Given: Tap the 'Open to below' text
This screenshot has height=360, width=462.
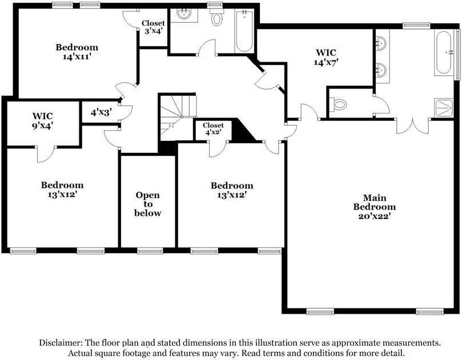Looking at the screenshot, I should click(x=148, y=204).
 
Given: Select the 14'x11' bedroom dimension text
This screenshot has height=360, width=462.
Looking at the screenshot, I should click(x=77, y=57).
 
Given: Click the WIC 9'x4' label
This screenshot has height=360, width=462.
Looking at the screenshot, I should click(x=43, y=120).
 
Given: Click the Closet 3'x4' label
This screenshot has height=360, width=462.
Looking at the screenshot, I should click(x=153, y=27).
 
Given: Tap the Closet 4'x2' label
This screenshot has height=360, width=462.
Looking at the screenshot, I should click(x=213, y=129).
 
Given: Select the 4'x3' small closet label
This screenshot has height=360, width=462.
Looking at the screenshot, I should click(x=101, y=112).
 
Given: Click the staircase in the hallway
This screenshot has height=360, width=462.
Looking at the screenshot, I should click(x=177, y=116).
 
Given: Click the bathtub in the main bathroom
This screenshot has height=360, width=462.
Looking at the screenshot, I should click(x=444, y=54).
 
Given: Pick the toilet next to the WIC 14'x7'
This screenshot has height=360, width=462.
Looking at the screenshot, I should click(x=339, y=105).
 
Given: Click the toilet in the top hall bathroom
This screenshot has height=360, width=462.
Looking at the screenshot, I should click(x=217, y=18).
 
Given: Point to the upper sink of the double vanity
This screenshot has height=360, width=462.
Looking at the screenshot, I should click(x=381, y=42).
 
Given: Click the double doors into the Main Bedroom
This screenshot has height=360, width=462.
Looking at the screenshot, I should click(x=412, y=126).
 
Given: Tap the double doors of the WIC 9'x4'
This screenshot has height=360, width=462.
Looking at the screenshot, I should click(x=45, y=152).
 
